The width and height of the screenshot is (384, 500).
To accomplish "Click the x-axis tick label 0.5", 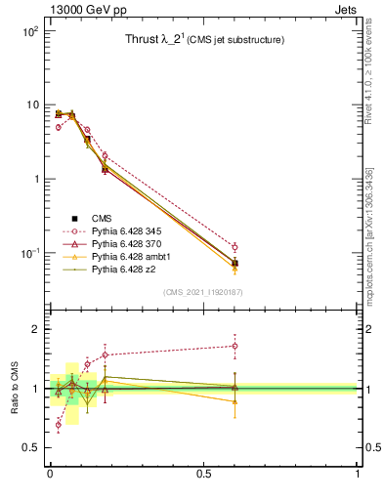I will coord(203,474).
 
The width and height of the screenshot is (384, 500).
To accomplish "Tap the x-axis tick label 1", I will coord(358,474).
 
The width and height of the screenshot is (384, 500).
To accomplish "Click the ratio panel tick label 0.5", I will coord(28,447).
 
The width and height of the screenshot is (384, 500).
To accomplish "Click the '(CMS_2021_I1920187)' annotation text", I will coord(203,293).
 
